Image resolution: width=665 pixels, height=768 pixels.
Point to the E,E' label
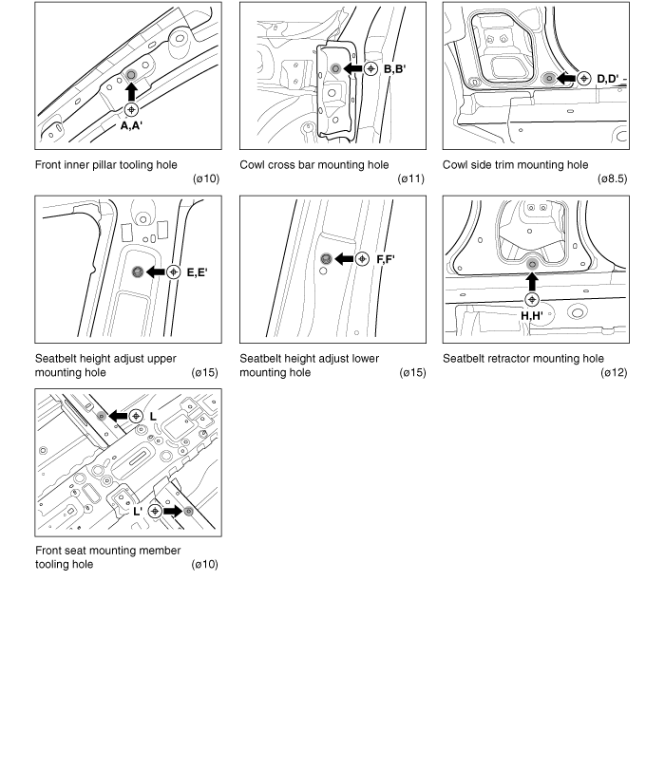point(198,272)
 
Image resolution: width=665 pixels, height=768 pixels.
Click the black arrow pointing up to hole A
point(131,91)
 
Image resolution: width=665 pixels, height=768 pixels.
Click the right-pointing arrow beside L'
point(172,511)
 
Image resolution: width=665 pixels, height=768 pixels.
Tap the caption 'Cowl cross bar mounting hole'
point(313,165)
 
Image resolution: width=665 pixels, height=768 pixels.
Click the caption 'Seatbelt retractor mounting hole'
point(522,359)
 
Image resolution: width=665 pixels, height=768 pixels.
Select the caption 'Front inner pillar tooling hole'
point(105,165)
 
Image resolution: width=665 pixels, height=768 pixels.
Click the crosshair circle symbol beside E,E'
point(173,272)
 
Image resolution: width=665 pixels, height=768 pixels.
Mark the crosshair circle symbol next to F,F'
point(362,259)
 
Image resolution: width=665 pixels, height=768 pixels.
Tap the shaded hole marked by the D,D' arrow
point(549,77)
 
